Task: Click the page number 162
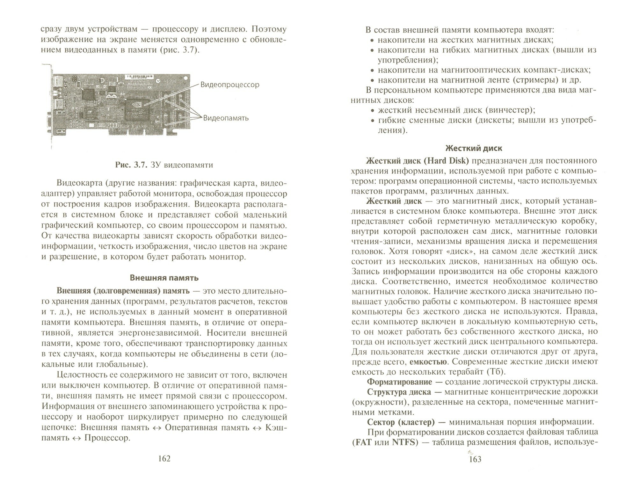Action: tap(164, 458)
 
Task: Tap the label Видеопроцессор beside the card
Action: tap(229, 85)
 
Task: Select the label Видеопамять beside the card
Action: tap(226, 118)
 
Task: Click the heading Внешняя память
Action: tap(164, 278)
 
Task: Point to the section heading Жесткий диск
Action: tap(474, 148)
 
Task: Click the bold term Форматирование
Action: tap(400, 382)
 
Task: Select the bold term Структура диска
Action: tap(399, 392)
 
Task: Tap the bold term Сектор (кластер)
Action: tap(401, 422)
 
